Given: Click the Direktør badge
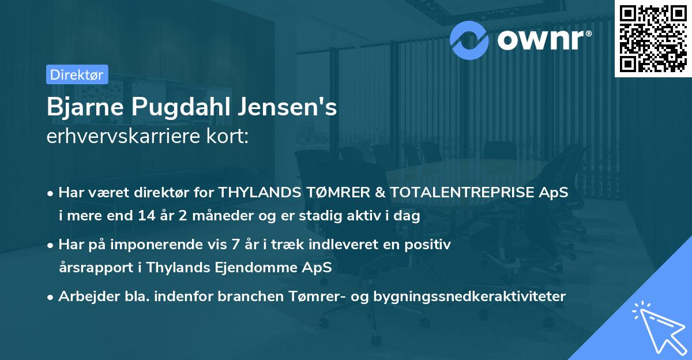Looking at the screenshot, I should [76, 74].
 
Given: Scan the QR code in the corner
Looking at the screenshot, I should [653, 38].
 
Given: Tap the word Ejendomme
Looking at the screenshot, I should [258, 267].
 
